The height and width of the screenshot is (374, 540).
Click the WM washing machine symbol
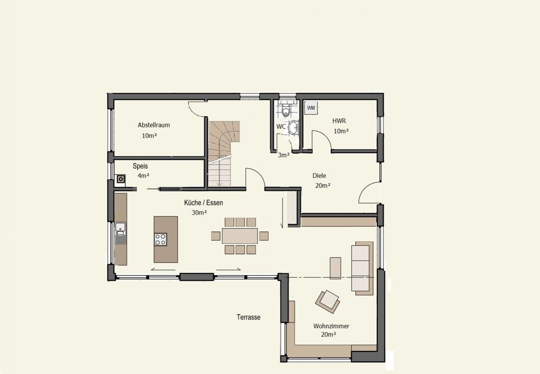pos(311,108)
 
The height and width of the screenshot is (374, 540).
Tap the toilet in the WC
pos(286,110)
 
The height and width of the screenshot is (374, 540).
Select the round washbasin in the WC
pos(293,127)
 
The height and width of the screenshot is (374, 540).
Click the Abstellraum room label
pos(154,125)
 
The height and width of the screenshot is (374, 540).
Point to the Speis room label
pos(140,166)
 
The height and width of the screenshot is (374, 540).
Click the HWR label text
pos(339,120)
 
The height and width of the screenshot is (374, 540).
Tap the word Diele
pos(319,175)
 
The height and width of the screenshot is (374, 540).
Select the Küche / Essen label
pos(203,202)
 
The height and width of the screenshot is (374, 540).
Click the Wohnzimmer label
pos(331,326)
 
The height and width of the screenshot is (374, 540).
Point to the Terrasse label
pos(248,317)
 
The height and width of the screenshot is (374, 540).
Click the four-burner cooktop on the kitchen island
pos(160,239)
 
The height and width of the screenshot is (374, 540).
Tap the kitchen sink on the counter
pos(121,233)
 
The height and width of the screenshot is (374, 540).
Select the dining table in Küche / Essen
pos(240,236)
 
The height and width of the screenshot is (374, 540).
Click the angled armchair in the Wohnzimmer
pos(327,302)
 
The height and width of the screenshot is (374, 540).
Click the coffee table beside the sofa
pos(335,268)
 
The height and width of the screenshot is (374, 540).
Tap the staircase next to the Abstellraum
pos(224,153)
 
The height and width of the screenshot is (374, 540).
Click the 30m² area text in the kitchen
pos(199,213)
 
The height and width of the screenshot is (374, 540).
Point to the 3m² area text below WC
pos(284,155)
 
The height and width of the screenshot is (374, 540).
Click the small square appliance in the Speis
pos(121,179)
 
